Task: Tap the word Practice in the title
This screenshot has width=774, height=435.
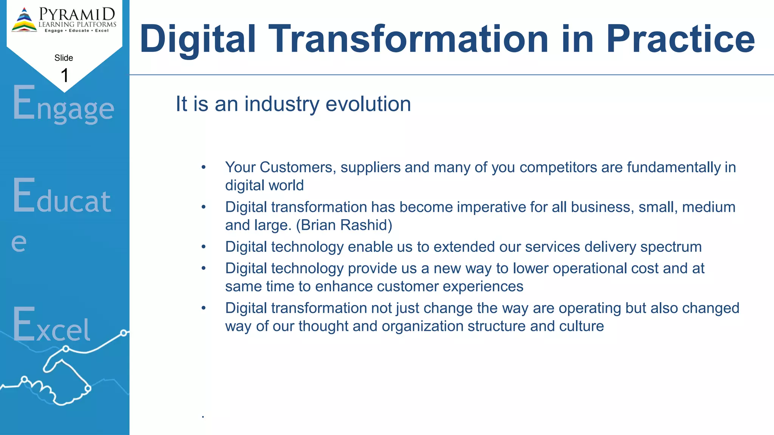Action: point(680,39)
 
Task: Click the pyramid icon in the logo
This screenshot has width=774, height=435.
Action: point(24,20)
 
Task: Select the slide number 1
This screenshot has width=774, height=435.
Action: point(65,76)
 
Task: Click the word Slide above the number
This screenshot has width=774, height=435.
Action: point(63,58)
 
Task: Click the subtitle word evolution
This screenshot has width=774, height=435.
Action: point(368,104)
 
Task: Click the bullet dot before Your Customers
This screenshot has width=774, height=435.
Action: point(203,167)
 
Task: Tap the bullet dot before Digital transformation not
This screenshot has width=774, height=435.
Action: point(203,308)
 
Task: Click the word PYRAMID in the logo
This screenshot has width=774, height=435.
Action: point(77,14)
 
